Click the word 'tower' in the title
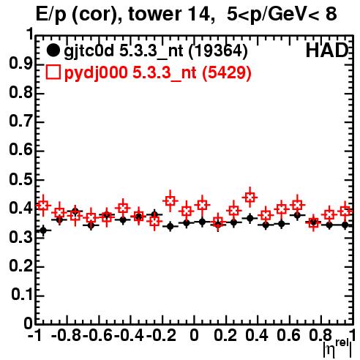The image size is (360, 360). point(154,14)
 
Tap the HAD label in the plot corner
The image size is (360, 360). point(327,51)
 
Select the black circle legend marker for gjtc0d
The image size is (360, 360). point(53,50)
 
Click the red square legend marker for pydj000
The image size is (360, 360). point(53,72)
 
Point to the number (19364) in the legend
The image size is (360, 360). point(218,51)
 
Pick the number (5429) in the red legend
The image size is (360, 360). point(227,72)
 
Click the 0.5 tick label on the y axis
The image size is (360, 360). point(20,179)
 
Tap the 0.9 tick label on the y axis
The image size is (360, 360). point(20,64)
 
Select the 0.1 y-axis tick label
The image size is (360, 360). point(21,295)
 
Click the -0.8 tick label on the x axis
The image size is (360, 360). point(67,336)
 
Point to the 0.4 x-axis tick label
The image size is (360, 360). point(257,336)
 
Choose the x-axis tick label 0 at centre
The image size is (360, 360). point(194,336)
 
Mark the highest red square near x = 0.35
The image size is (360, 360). point(250,197)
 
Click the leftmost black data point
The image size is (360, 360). point(43,230)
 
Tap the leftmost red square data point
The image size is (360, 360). point(43,206)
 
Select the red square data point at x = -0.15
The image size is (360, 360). point(170,201)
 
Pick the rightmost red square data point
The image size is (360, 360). point(345,211)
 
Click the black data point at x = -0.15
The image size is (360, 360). point(170,226)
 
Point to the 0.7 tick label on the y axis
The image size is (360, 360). point(20,121)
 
